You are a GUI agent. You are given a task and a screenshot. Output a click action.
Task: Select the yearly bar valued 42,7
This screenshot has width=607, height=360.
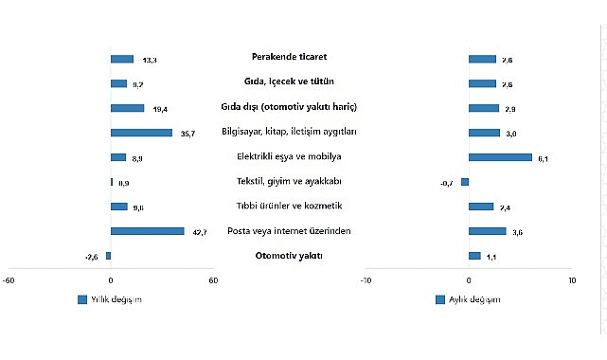[147, 231]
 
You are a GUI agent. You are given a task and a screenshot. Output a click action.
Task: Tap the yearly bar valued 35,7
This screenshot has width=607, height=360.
[141, 133]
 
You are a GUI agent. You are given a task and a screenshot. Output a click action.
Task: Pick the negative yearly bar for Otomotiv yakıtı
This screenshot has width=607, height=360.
[108, 256]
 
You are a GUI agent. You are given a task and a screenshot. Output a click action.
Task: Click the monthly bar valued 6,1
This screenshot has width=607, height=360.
[500, 157]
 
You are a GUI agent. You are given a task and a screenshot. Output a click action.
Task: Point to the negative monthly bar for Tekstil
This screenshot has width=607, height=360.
[465, 182]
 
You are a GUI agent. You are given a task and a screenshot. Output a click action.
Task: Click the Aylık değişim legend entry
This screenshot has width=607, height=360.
[468, 299]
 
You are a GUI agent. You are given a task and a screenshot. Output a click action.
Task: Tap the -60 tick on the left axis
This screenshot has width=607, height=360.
[9, 279]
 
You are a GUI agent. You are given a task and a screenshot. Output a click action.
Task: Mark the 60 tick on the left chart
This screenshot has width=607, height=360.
[213, 279]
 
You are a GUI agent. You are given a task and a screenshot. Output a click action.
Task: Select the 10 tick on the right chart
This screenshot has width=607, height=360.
[571, 279]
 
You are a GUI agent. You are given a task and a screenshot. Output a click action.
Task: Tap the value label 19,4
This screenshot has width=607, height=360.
[160, 109]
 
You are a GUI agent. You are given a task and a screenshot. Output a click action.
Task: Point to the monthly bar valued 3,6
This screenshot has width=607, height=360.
[487, 231]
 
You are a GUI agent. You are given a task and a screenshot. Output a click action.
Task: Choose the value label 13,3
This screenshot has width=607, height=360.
[150, 60]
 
